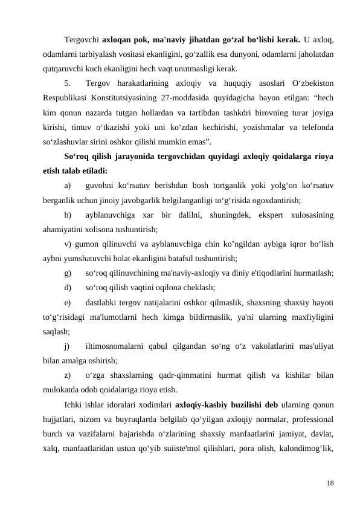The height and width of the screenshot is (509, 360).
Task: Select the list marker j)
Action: (67, 346)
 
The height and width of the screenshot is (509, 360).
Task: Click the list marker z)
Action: (68, 375)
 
